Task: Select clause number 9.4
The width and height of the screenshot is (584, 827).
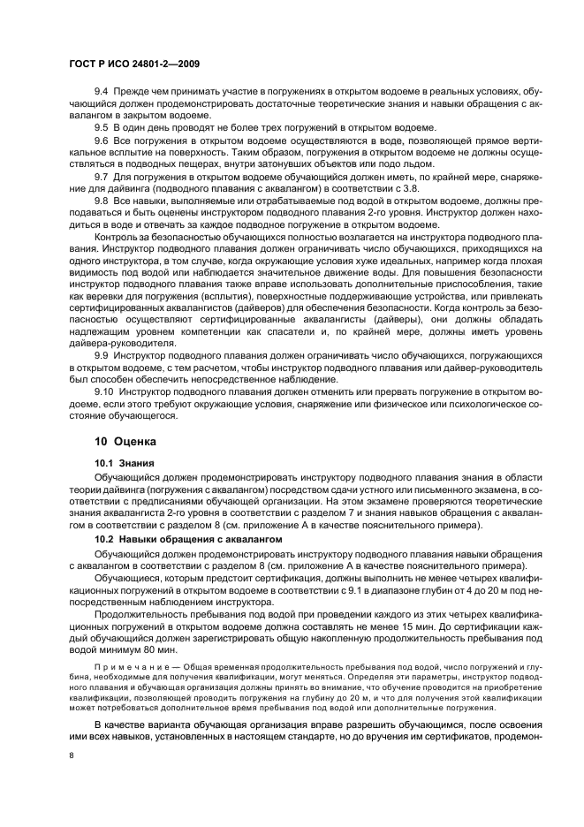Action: [101, 92]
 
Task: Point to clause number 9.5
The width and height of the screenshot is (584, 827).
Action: [101, 127]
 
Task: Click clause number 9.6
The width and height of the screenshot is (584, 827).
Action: [101, 141]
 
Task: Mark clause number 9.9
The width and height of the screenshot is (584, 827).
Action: [101, 353]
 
